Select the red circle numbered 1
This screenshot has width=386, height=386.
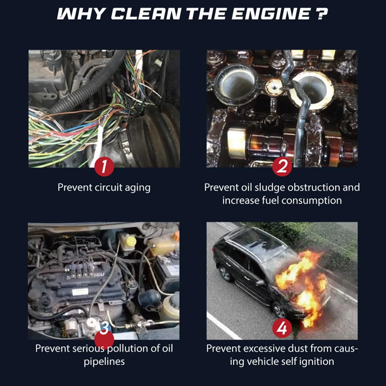click(x=104, y=166)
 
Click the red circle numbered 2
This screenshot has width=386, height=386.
click(x=282, y=166)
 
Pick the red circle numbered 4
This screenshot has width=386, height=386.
click(x=282, y=328)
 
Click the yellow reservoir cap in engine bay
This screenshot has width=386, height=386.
click(x=131, y=241)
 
